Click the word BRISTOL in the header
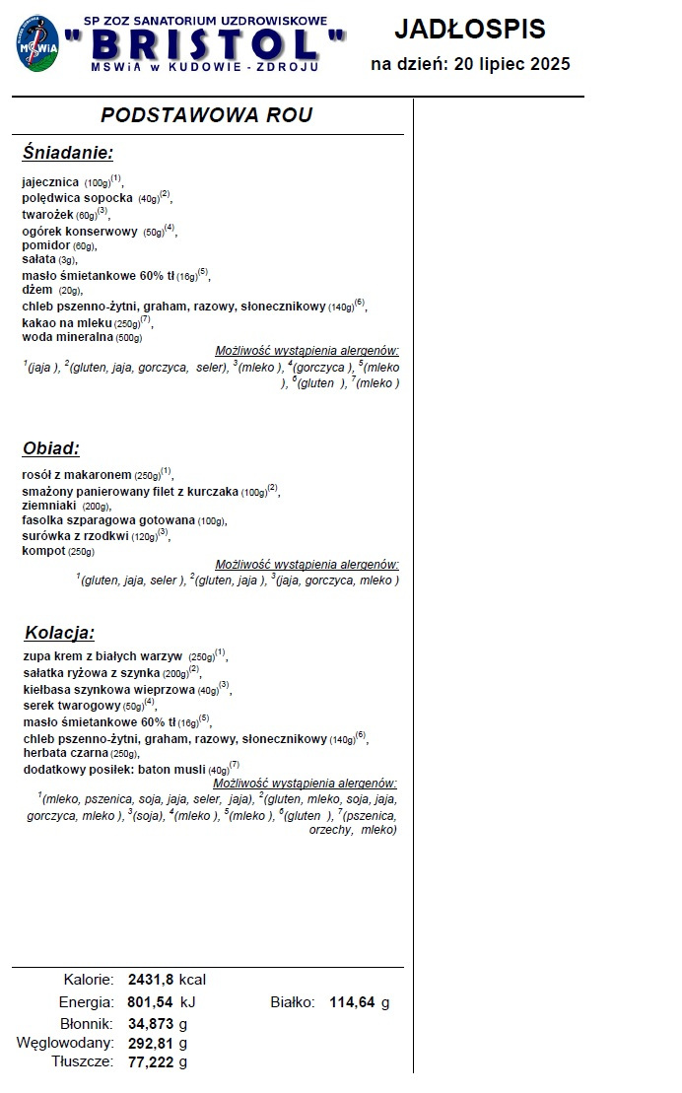204,44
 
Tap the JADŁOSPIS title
470,30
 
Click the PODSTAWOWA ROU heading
207,115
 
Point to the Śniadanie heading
68,153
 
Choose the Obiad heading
51,448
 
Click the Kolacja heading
59,633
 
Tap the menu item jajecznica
50,182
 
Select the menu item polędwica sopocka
77,198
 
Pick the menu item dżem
36,291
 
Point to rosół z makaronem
77,474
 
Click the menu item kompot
43,551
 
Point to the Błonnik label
83,1023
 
